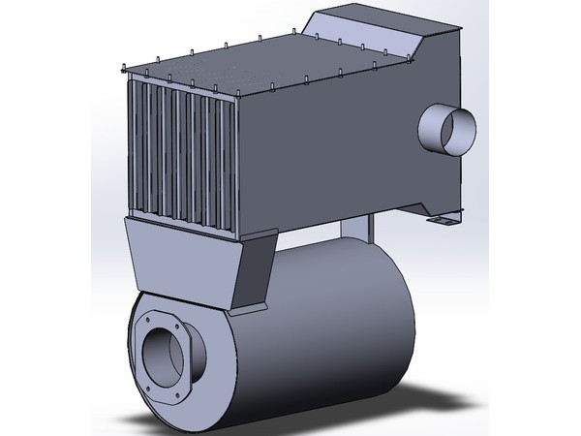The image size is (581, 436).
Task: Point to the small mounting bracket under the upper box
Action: point(444,219)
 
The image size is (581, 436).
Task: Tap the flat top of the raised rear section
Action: point(387,18)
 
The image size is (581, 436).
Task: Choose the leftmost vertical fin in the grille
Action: point(135,145)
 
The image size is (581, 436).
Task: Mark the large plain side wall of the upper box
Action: point(329,145)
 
